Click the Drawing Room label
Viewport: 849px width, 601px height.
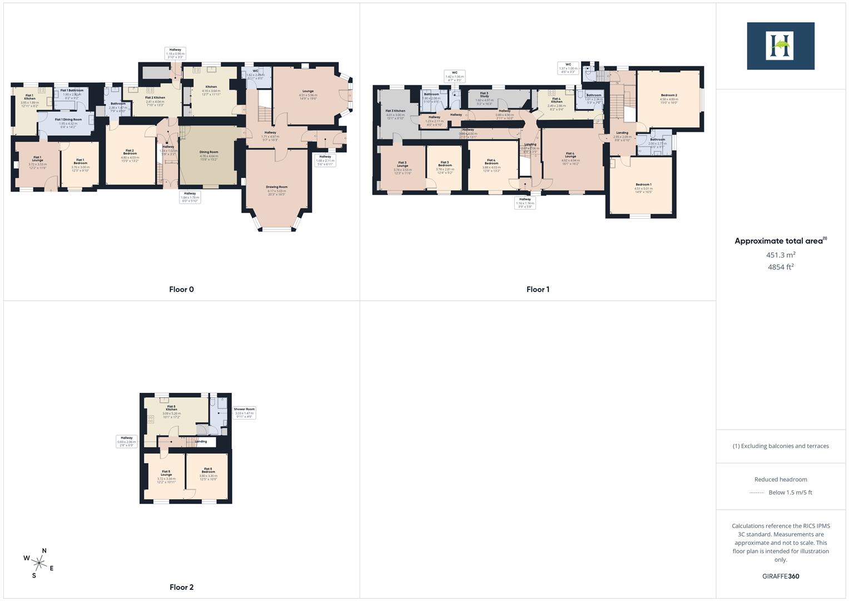click(276, 187)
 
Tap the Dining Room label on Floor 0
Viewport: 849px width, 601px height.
click(209, 152)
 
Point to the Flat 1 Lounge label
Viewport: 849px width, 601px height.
click(37, 159)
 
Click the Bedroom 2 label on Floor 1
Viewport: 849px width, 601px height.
click(669, 95)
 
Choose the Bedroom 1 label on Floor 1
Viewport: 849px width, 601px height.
click(643, 184)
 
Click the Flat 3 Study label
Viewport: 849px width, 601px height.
click(484, 95)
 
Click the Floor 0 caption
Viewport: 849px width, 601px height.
click(181, 289)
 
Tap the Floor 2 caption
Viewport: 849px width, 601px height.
click(181, 587)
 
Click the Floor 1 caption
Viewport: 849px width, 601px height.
click(538, 289)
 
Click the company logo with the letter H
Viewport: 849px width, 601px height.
click(781, 46)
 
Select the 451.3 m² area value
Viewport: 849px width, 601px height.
click(781, 255)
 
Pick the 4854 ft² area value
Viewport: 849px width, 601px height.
click(781, 267)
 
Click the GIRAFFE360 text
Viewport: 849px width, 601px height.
click(781, 576)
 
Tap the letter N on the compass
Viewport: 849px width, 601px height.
click(44, 551)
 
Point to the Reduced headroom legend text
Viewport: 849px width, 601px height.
click(781, 479)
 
